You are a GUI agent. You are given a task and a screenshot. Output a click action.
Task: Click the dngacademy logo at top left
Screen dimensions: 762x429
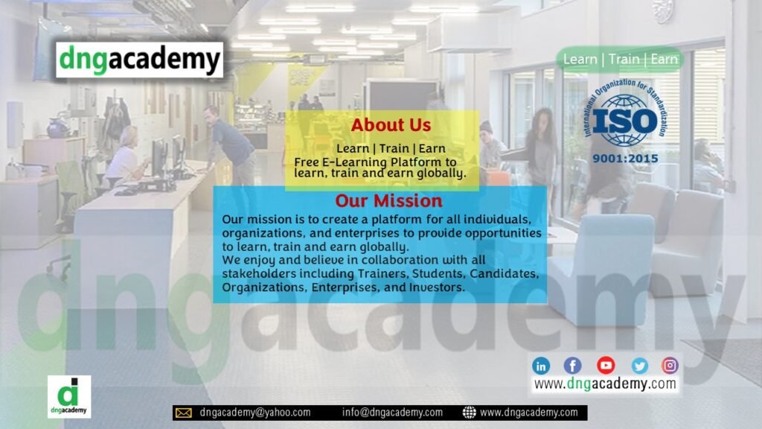139,60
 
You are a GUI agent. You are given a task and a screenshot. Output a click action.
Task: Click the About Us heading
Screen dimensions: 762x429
391,125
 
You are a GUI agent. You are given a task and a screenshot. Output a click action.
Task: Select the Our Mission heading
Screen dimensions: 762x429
388,201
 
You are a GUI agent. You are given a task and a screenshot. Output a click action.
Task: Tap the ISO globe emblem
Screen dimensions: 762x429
625,120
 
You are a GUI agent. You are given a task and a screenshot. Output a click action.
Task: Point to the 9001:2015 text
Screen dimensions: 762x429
625,159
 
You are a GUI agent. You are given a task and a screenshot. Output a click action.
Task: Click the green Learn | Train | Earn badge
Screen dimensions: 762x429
620,60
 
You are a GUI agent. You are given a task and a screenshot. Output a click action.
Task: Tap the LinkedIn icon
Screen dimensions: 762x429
541,365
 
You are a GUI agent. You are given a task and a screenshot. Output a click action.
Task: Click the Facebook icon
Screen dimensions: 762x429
572,365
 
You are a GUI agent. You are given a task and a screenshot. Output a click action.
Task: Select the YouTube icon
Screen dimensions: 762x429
606,365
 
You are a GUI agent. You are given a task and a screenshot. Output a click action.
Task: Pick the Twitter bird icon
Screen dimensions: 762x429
639,365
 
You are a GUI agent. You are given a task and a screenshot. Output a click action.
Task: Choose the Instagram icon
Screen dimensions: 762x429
670,365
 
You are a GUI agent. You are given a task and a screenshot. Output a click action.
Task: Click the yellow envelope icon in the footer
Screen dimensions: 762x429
183,413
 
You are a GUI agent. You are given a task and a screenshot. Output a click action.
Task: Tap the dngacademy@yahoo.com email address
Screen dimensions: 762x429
255,413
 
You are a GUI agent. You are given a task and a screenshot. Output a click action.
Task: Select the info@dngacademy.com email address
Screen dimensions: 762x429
392,413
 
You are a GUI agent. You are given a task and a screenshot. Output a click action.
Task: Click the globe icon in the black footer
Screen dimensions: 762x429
469,413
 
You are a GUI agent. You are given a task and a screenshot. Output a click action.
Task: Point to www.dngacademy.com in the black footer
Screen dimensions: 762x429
529,413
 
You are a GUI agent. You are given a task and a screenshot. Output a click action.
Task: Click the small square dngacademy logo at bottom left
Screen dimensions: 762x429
69,396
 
